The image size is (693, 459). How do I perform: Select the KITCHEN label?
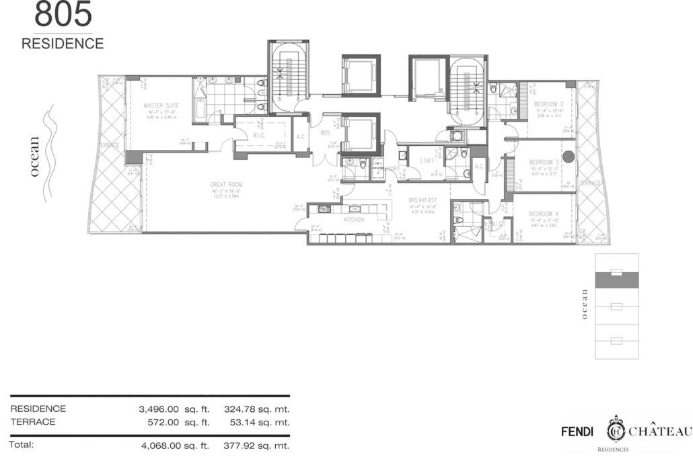tap(354, 220)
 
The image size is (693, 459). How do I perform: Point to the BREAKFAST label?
tap(423, 200)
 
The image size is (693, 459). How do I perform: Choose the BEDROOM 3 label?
tap(544, 163)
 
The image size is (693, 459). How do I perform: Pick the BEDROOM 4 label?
tap(544, 215)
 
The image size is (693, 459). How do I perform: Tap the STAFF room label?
tap(427, 161)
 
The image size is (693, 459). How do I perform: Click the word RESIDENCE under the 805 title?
tap(63, 44)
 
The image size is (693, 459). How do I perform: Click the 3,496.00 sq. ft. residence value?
tap(171, 409)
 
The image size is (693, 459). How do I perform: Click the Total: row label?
tap(22, 444)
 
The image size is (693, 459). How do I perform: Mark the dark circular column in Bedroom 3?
tap(569, 157)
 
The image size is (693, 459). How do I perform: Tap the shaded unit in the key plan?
tap(616, 279)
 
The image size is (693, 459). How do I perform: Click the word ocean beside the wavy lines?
tap(36, 157)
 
